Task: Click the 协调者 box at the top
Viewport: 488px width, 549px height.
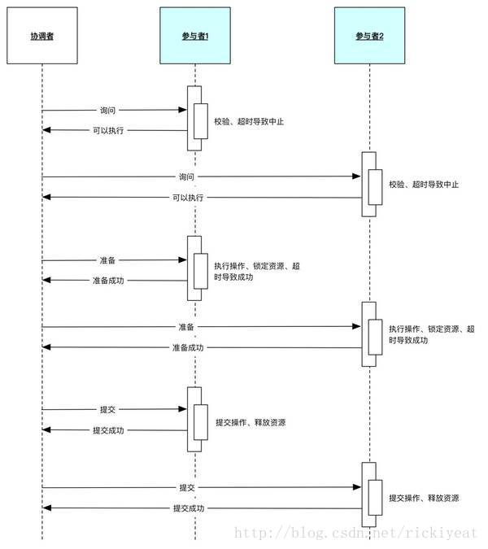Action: [41, 37]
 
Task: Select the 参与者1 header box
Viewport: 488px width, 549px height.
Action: [194, 37]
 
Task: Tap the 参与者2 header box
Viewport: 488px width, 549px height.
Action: [368, 37]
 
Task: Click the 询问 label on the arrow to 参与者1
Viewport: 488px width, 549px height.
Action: [107, 110]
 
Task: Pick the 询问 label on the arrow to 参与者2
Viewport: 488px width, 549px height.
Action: [187, 176]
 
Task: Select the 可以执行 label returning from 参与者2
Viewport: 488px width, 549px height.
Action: [188, 198]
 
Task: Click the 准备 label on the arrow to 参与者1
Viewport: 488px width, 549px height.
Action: [107, 260]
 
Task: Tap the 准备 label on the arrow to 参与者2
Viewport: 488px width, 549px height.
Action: [187, 327]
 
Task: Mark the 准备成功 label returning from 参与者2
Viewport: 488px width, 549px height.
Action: [188, 347]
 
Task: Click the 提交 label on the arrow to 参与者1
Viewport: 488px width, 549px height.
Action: [107, 410]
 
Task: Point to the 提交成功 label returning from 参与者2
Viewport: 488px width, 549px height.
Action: [188, 508]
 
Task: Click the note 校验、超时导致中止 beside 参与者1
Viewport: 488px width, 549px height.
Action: [249, 122]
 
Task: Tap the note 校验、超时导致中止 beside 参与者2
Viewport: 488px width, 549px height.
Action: [424, 185]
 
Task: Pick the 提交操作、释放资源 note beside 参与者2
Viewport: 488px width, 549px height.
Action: [424, 498]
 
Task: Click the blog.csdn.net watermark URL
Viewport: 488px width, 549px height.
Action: [355, 533]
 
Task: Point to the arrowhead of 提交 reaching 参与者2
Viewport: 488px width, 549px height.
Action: [357, 487]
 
